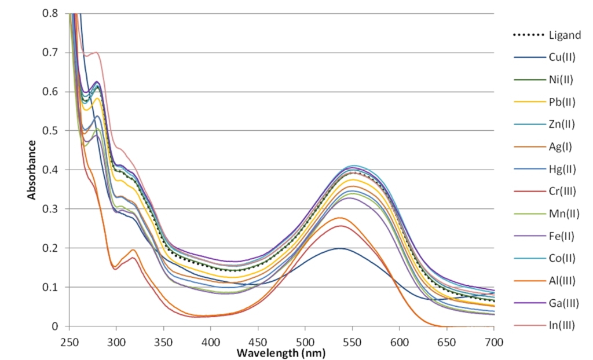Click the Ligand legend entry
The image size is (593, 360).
(565, 35)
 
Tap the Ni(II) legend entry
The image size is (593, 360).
(561, 80)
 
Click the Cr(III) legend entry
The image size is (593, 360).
(562, 191)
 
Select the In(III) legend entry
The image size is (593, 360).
(562, 325)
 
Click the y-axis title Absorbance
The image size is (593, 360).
(33, 169)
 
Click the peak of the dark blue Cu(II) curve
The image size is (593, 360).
(340, 248)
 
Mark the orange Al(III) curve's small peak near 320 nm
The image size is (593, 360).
(133, 250)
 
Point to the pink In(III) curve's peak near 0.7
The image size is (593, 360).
(96, 53)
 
